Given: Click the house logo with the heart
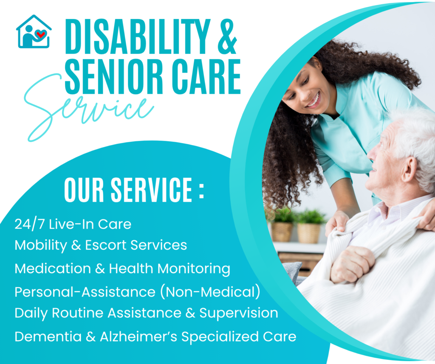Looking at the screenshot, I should [x=34, y=32].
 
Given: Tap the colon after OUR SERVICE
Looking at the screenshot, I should [x=201, y=192].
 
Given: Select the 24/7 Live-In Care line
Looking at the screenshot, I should [x=73, y=224].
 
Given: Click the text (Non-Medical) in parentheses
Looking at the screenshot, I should [x=212, y=292].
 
